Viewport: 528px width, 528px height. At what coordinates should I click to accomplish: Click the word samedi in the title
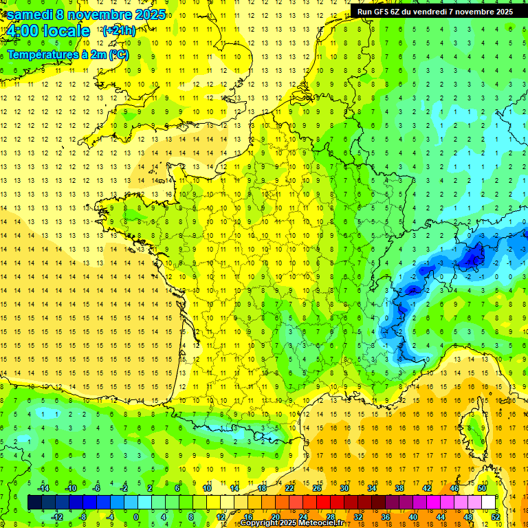[x=30, y=14]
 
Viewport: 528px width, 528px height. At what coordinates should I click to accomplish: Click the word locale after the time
[x=65, y=32]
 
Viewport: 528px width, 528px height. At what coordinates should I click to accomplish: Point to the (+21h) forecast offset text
[x=118, y=31]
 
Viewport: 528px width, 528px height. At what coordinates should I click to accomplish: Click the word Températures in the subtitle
[x=41, y=54]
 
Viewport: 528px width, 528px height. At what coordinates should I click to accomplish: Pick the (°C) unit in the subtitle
[x=118, y=54]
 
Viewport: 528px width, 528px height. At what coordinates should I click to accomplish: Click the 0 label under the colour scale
[x=135, y=517]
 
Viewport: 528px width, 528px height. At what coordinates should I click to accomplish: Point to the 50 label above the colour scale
[x=481, y=488]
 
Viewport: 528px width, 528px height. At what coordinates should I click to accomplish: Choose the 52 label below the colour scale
[x=495, y=517]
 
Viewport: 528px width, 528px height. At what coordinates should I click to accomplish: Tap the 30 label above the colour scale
[x=344, y=488]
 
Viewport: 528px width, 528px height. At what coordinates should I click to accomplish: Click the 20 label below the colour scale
[x=275, y=517]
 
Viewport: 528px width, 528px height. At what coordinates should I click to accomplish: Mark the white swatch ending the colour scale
[x=488, y=503]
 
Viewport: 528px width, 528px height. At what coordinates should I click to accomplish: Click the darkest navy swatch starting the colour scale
[x=34, y=503]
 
